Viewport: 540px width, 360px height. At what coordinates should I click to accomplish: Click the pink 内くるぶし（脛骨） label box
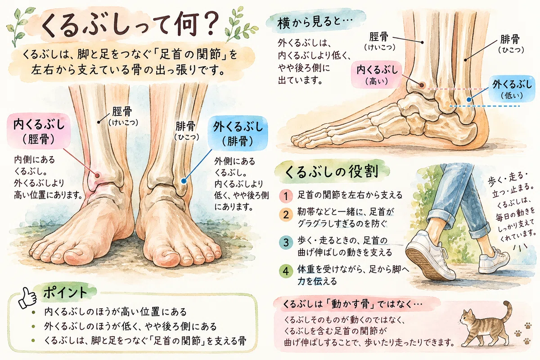tap(39, 131)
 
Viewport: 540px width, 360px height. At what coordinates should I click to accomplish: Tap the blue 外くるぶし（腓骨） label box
tap(238, 133)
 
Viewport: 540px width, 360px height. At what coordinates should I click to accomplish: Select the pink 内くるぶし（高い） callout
tap(377, 75)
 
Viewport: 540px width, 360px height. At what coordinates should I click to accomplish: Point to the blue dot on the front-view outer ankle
tap(184, 180)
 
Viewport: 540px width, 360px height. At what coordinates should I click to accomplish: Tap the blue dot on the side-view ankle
tap(469, 99)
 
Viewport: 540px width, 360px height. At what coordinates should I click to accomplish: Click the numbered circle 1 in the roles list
tap(286, 196)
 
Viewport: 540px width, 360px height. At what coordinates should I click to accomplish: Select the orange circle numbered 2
tap(286, 215)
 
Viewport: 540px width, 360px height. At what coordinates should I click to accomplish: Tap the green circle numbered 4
tap(286, 271)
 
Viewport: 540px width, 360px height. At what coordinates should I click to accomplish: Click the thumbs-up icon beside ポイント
tap(27, 298)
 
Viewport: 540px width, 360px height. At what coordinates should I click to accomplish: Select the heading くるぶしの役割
tap(332, 172)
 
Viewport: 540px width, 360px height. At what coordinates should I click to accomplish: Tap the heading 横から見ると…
tap(315, 23)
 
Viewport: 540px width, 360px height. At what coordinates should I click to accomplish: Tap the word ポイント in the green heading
tap(65, 292)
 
